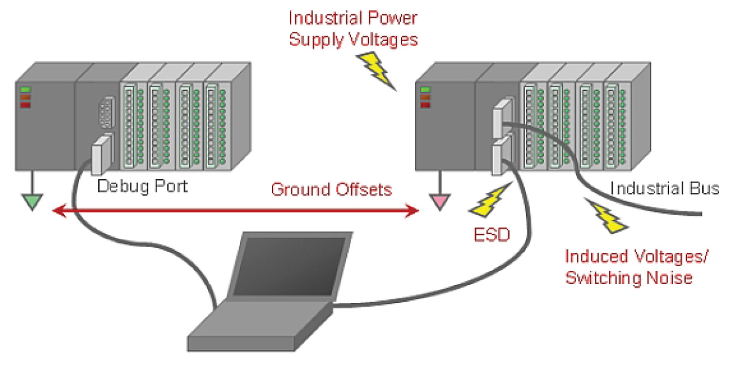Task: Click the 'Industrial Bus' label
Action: pyautogui.click(x=664, y=188)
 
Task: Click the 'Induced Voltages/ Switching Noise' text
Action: pyautogui.click(x=637, y=267)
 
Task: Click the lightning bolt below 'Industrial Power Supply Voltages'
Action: pyautogui.click(x=376, y=69)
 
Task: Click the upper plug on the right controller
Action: pyautogui.click(x=500, y=117)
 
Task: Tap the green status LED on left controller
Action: pyautogui.click(x=26, y=90)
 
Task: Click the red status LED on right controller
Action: pyautogui.click(x=425, y=104)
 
